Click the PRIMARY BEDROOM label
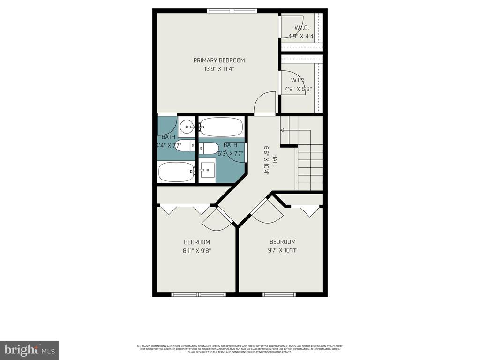219,60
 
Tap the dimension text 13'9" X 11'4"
219,69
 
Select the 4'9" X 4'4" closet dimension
301,35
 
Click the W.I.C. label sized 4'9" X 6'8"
298,81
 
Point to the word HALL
275,162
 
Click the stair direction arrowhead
282,131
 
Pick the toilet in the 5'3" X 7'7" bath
209,149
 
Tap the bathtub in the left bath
176,172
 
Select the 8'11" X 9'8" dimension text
197,250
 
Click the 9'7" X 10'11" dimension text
283,250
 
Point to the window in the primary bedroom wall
232,10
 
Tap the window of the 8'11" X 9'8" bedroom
199,294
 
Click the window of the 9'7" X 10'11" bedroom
279,294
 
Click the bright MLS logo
29,350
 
